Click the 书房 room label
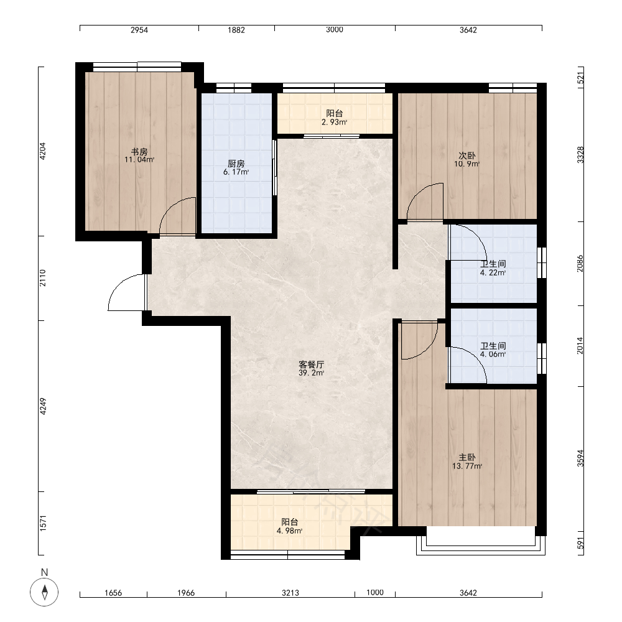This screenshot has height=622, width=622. pos(139,152)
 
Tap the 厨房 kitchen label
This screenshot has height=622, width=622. pos(236,164)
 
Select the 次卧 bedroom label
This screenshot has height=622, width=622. pos(467,155)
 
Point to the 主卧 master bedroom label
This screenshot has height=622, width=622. pos(467,457)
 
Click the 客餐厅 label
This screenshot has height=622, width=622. pos(312,364)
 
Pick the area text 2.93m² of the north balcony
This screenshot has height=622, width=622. pos(335,122)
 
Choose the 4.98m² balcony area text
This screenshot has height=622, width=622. pos(290,531)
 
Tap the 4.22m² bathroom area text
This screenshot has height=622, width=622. pos(493,272)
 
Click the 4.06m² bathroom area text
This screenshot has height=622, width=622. pos(493,355)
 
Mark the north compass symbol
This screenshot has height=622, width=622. pos(44,592)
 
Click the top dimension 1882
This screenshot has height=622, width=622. pos(236,30)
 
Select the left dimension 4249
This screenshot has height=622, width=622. pos(43,406)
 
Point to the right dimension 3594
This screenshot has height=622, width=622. pos(580,458)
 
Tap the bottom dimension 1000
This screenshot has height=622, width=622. pos(375,592)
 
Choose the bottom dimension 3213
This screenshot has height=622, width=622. pos(290,593)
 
